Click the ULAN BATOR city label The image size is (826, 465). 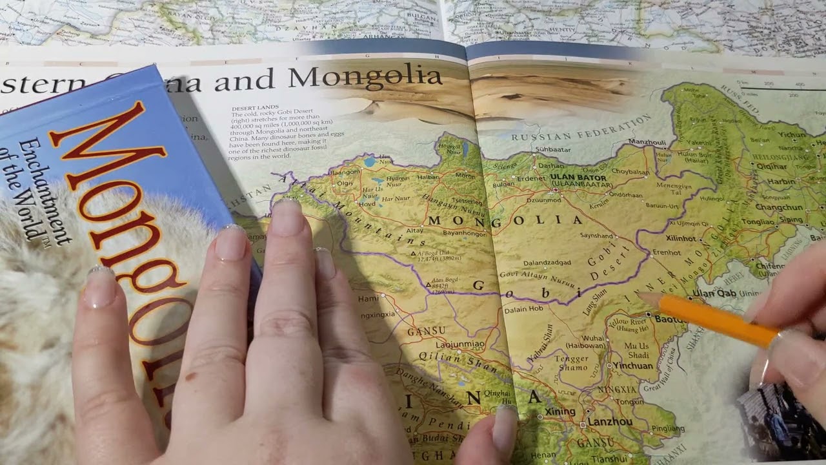click(x=578, y=177)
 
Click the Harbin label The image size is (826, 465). click(x=781, y=182)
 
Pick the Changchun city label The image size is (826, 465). click(x=778, y=207)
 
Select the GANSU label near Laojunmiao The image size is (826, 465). click(x=427, y=331)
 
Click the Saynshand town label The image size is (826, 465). click(x=597, y=236)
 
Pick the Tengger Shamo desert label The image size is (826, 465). click(x=571, y=363)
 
